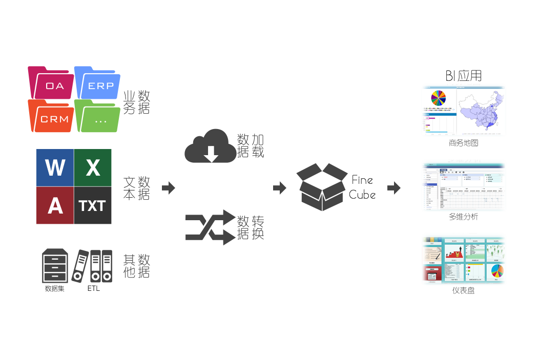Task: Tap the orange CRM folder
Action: point(51,117)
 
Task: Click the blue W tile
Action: point(55,167)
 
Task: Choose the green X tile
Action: point(93,167)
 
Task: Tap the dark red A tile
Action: point(55,205)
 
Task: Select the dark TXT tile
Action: point(93,205)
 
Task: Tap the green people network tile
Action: point(496,251)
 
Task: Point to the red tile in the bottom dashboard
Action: point(432,274)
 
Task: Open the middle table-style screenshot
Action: point(463,185)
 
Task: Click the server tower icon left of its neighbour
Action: point(54,266)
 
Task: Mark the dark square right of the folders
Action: point(137,102)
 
